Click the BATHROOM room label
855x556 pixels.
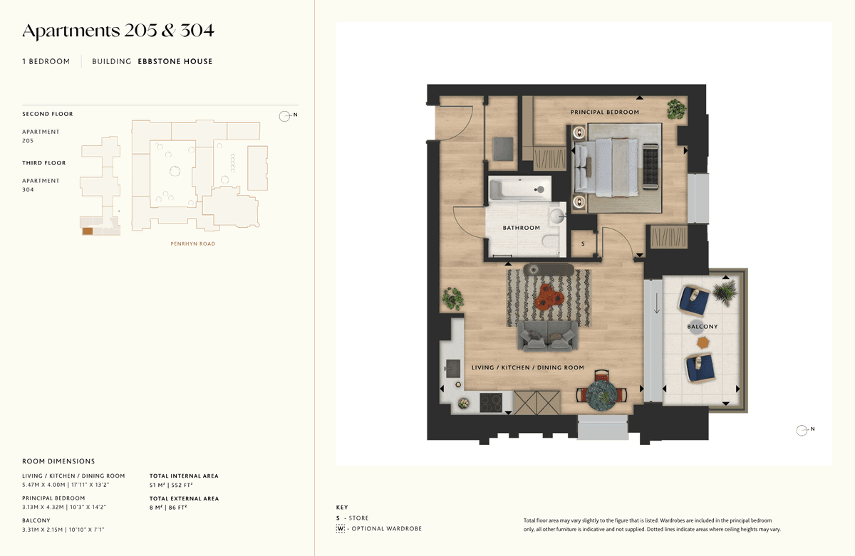(521, 228)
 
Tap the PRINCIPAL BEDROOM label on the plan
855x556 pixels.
(605, 112)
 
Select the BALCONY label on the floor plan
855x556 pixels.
(703, 327)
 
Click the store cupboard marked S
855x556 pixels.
(583, 243)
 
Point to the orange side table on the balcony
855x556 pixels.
(703, 342)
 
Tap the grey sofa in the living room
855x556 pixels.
(547, 335)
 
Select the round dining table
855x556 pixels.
(601, 395)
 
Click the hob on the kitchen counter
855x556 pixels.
(491, 403)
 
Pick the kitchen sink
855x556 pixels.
(452, 368)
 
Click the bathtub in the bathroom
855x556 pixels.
(520, 189)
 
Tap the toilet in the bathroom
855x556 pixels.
(551, 242)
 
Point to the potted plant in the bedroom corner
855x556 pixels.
(676, 109)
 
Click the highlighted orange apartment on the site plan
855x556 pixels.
(88, 231)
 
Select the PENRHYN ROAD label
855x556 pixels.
(193, 243)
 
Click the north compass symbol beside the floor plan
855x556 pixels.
(802, 430)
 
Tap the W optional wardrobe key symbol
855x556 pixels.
(340, 528)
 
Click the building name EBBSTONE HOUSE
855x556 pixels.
(175, 61)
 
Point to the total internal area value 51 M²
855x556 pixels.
(157, 485)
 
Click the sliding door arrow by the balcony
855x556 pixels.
(656, 303)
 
